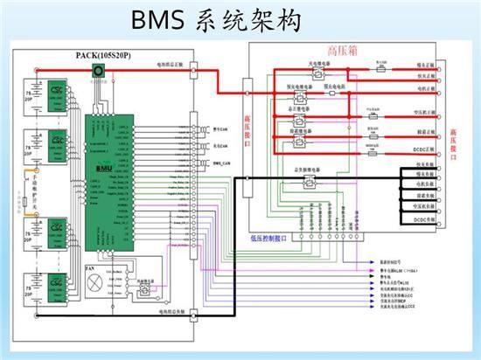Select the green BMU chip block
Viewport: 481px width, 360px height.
[107, 166]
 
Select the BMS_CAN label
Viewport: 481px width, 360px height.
[220, 163]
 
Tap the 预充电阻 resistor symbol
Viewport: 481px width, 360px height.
[341, 91]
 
